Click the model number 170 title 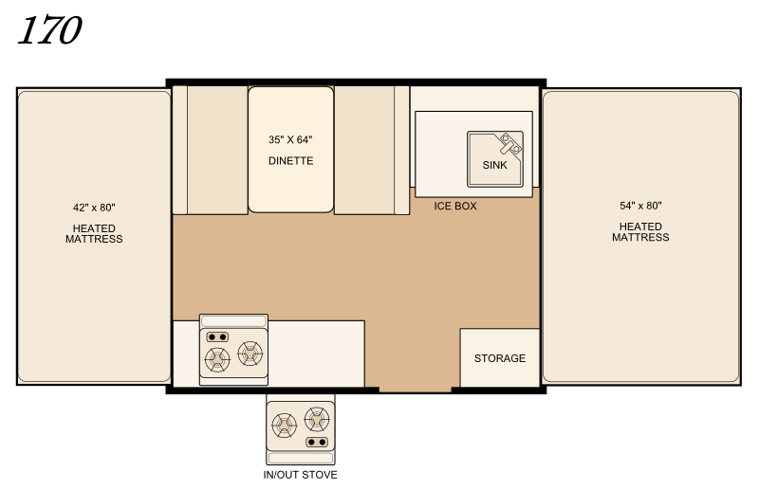(x=49, y=30)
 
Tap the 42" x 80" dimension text (x=94, y=208)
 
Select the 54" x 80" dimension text (x=640, y=206)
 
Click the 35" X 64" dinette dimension (x=290, y=139)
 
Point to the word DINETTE (x=290, y=160)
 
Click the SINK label (x=494, y=165)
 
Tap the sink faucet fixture (x=510, y=144)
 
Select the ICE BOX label (x=455, y=206)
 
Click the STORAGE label (x=500, y=358)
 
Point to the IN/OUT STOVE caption (x=300, y=475)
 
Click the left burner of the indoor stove (x=217, y=359)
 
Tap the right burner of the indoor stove (x=250, y=354)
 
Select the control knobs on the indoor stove (x=217, y=336)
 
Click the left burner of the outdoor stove (x=284, y=426)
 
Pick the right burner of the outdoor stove (x=317, y=419)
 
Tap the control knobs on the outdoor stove (x=317, y=442)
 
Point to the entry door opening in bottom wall (x=415, y=390)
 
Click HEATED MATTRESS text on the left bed (x=94, y=234)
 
